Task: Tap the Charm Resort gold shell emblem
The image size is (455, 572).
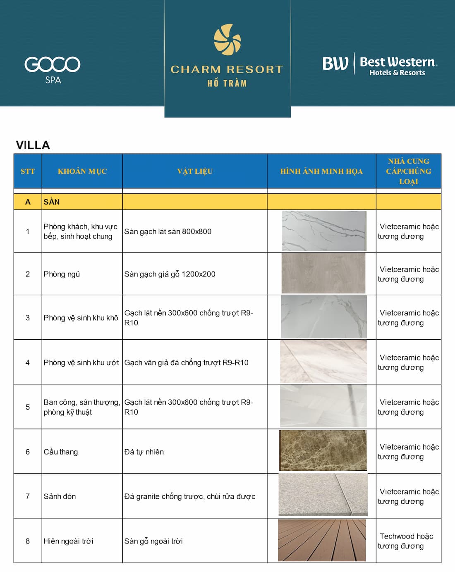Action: click(x=227, y=40)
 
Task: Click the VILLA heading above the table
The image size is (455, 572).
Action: click(x=33, y=145)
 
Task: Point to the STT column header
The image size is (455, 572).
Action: click(x=28, y=171)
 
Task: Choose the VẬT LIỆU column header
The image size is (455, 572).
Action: click(x=195, y=171)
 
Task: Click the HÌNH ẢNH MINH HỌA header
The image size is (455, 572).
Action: click(x=321, y=171)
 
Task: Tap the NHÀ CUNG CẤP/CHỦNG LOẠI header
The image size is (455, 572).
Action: click(x=409, y=171)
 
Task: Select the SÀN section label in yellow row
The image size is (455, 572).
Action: click(x=52, y=202)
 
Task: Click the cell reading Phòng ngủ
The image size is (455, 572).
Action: click(x=62, y=274)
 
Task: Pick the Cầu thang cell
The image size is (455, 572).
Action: click(x=61, y=452)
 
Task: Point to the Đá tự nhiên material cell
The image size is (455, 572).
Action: click(x=144, y=452)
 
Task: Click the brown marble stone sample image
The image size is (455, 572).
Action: click(x=323, y=450)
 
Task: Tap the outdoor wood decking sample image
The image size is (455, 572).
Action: click(x=322, y=540)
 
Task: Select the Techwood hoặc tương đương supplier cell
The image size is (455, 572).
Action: click(x=406, y=541)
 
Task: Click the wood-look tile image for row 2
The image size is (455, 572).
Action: click(x=323, y=273)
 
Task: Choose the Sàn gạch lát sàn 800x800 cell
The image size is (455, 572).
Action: click(x=168, y=231)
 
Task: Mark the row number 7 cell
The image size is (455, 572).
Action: click(x=28, y=496)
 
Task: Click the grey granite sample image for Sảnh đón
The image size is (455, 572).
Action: click(x=323, y=495)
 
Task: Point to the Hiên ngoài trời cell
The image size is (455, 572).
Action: click(x=69, y=541)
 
